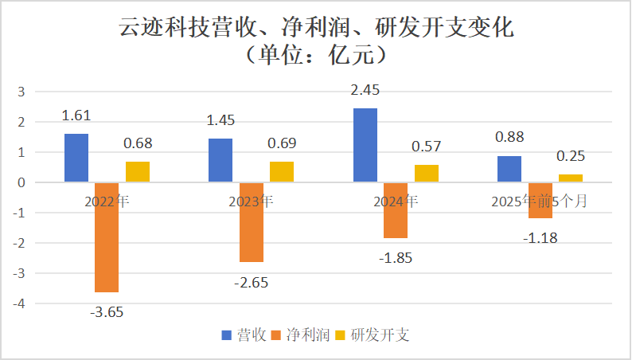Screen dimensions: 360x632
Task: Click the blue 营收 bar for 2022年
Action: [x=76, y=158]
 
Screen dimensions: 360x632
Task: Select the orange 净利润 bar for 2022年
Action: [x=107, y=237]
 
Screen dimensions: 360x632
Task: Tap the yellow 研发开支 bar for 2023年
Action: [x=281, y=172]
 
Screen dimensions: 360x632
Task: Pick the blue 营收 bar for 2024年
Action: [x=365, y=145]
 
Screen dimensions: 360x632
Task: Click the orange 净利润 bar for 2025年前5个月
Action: [x=540, y=200]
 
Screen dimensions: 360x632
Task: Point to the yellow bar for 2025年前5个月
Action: [x=570, y=178]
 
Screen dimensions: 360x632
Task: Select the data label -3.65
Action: [x=107, y=311]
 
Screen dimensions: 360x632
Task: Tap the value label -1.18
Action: [x=540, y=237]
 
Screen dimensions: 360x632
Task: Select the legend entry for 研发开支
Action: [x=378, y=335]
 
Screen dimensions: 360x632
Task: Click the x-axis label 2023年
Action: [x=252, y=202]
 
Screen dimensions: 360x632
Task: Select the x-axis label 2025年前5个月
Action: [x=540, y=202]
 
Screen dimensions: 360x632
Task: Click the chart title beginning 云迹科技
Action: [x=316, y=29]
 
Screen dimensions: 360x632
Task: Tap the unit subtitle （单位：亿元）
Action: [x=316, y=56]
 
